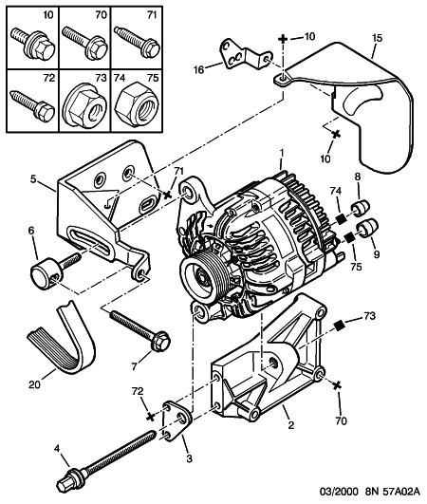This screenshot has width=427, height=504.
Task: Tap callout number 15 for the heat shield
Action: (378, 38)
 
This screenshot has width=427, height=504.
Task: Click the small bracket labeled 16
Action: (246, 55)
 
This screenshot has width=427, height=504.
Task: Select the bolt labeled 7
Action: (140, 331)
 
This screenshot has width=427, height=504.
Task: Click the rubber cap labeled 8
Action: (362, 206)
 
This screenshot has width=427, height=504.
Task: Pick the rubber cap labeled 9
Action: (368, 229)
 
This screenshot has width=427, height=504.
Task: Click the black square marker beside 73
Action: (339, 326)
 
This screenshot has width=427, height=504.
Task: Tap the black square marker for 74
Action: (341, 219)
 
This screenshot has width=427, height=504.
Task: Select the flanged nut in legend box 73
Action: (84, 105)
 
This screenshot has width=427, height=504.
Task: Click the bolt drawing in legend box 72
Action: (32, 103)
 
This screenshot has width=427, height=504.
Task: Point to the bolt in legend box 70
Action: (84, 43)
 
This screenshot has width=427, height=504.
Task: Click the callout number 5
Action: (33, 178)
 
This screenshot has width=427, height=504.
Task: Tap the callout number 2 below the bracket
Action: (291, 425)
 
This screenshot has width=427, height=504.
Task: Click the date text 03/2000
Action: (339, 492)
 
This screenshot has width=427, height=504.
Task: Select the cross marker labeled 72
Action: (150, 417)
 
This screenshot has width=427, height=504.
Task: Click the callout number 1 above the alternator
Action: (281, 154)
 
